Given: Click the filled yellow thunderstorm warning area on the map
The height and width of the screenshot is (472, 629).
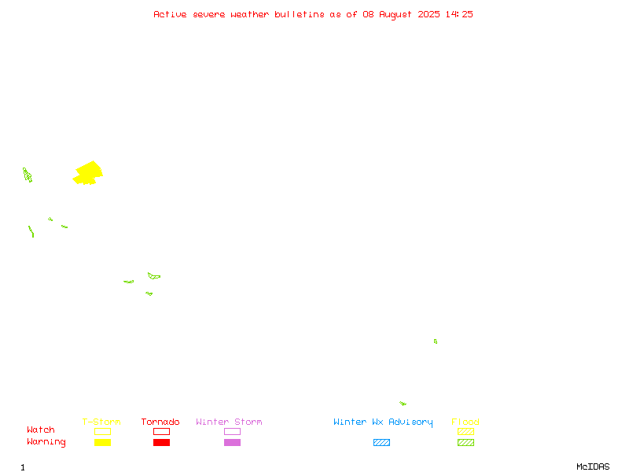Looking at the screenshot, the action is coord(88,173).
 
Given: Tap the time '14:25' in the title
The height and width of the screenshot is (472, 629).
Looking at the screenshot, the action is coord(459,14).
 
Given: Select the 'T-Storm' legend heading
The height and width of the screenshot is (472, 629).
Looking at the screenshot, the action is coord(101,422).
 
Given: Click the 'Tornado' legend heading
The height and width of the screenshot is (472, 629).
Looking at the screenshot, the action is coord(160,422).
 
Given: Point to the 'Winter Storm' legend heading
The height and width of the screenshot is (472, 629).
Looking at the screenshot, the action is coord(229,422).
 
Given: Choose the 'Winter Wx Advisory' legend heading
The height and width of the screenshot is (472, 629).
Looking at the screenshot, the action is coord(383,422).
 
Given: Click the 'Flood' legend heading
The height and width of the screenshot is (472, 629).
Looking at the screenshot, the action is coord(465,422).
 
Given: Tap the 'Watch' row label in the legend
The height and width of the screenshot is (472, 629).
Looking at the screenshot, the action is coord(41,430).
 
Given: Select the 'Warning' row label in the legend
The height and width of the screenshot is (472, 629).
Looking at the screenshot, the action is coord(46,442).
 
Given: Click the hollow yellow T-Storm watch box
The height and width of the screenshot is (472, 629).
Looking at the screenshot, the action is coord(103,431).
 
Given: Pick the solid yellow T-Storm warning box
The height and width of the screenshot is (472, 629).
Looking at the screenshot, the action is coord(103,442).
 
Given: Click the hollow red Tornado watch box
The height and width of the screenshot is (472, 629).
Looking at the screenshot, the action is coord(162,431).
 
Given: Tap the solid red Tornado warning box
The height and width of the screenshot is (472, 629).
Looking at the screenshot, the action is coord(162,442).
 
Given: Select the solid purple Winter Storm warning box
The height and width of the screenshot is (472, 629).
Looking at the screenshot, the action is coord(232,442).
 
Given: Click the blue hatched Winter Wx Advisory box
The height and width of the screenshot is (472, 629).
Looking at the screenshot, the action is coord(381,442).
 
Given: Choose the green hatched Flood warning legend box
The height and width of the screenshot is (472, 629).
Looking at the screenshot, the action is coord(465,442).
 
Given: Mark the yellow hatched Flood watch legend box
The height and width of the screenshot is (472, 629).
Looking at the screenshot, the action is coord(465,431).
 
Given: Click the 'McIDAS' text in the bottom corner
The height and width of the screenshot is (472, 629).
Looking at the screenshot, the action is coord(593,466).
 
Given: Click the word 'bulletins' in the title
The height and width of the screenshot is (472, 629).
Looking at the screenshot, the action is coord(300,14).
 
